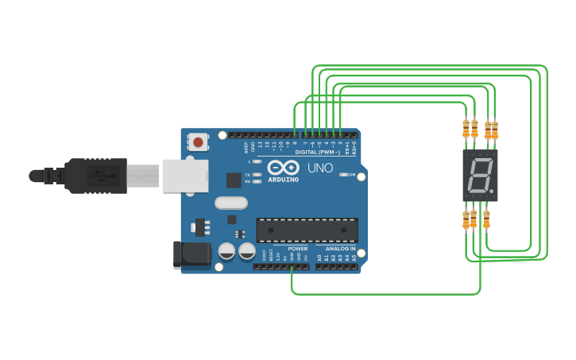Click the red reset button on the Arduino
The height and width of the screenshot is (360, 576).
pos(198,142)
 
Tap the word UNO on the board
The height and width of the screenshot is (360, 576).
pos(320,168)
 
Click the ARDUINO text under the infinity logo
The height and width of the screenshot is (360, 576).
pos(284,180)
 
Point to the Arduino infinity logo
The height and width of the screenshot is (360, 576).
pos(283,168)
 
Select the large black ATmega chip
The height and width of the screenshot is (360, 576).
pos(307,230)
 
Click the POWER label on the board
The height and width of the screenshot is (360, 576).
pos(298,249)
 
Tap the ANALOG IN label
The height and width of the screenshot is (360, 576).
pos(340,249)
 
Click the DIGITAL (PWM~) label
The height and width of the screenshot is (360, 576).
pos(317,152)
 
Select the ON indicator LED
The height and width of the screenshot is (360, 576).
pos(344,174)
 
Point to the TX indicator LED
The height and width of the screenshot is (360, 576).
pos(257,174)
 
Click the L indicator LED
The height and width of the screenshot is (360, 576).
pos(257,161)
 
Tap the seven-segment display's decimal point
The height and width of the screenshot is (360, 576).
pos(493,192)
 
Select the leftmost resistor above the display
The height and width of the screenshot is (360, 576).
pos(466,129)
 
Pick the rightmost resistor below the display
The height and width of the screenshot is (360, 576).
pos(486,219)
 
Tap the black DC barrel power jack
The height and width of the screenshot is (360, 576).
pos(191,254)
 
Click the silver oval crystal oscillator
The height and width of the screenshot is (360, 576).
pos(230,203)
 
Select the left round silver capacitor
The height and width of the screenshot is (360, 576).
pos(226,251)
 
